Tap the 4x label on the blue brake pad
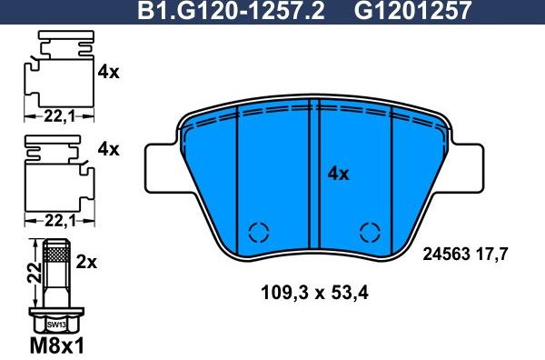(338, 174)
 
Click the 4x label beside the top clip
(108, 72)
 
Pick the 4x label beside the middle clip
(108, 149)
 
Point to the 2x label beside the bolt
(87, 262)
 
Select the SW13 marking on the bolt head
(55, 325)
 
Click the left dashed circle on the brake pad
(259, 231)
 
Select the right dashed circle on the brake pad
(370, 231)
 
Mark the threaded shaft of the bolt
(55, 276)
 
